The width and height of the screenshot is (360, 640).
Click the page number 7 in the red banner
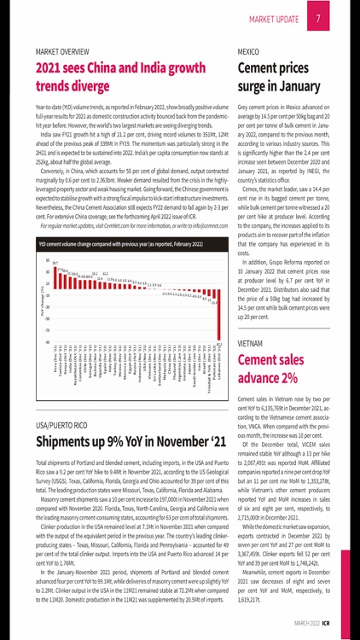coord(318,18)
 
